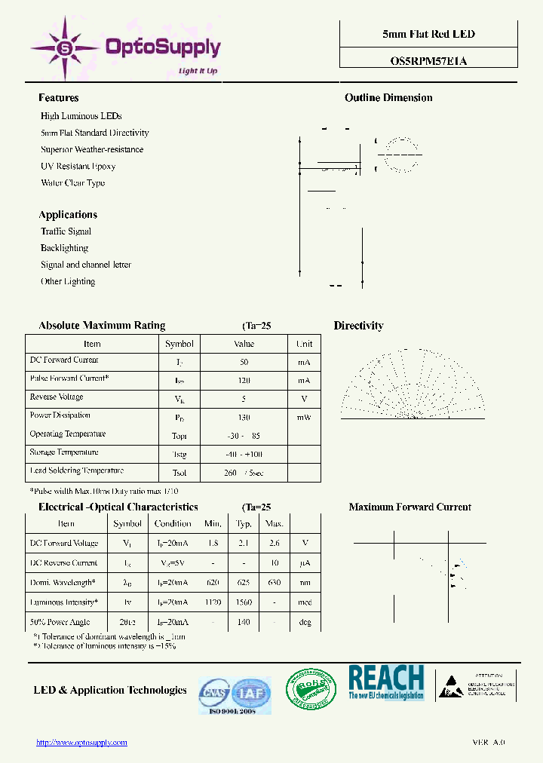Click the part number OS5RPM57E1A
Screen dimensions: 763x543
click(428, 61)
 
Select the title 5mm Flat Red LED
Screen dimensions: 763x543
click(428, 34)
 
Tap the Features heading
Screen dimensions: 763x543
click(59, 98)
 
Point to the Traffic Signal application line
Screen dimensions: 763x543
click(66, 231)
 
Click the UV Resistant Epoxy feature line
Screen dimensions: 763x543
click(78, 166)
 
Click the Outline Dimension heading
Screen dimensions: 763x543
click(388, 98)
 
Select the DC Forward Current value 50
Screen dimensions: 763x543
click(244, 362)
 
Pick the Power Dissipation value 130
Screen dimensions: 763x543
click(244, 417)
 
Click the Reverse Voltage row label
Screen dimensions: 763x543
click(57, 397)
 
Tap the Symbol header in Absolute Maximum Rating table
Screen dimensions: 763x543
click(179, 344)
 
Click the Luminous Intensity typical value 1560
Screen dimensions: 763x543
click(244, 603)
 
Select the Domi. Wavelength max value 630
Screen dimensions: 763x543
click(275, 583)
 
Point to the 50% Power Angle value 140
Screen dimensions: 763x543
click(244, 623)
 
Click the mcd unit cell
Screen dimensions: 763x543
click(305, 603)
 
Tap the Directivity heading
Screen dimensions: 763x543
click(358, 326)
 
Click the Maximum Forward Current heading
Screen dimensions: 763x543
click(410, 507)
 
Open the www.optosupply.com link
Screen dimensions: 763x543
click(82, 743)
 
